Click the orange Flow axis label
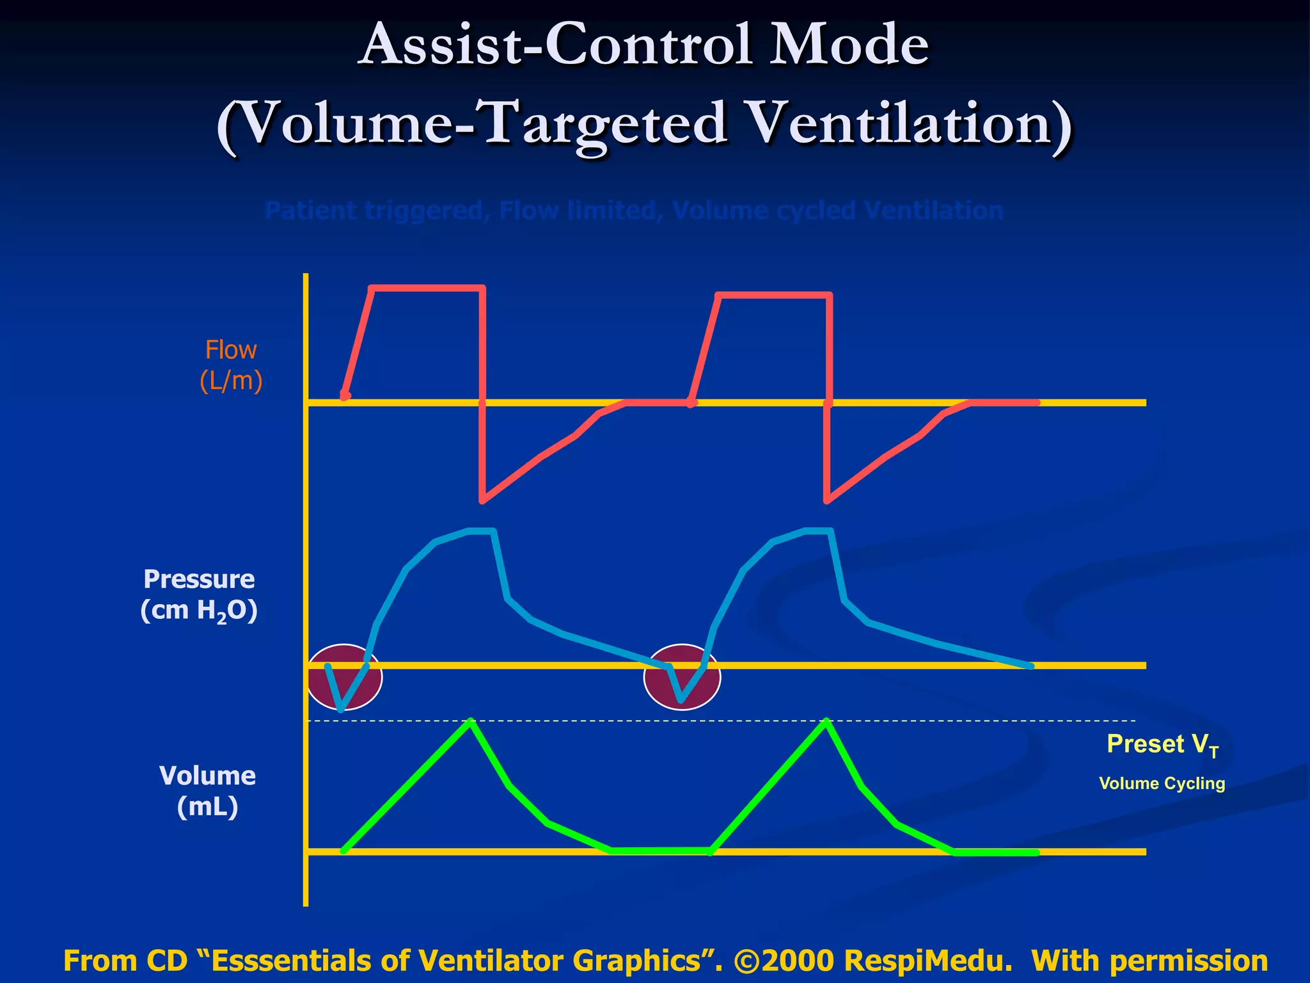pyautogui.click(x=230, y=350)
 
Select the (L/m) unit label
pyautogui.click(x=231, y=381)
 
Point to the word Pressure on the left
pyautogui.click(x=199, y=579)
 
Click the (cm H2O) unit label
pyautogui.click(x=199, y=611)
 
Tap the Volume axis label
pyautogui.click(x=207, y=776)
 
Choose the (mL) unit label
pyautogui.click(x=207, y=806)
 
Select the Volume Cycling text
pyautogui.click(x=1162, y=783)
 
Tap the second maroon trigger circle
pyautogui.click(x=682, y=678)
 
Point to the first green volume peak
pyautogui.click(x=471, y=722)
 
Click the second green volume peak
pyautogui.click(x=826, y=722)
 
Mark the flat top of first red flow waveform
pyautogui.click(x=427, y=289)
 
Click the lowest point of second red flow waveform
pyautogui.click(x=827, y=500)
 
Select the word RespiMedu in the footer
pyautogui.click(x=928, y=961)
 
